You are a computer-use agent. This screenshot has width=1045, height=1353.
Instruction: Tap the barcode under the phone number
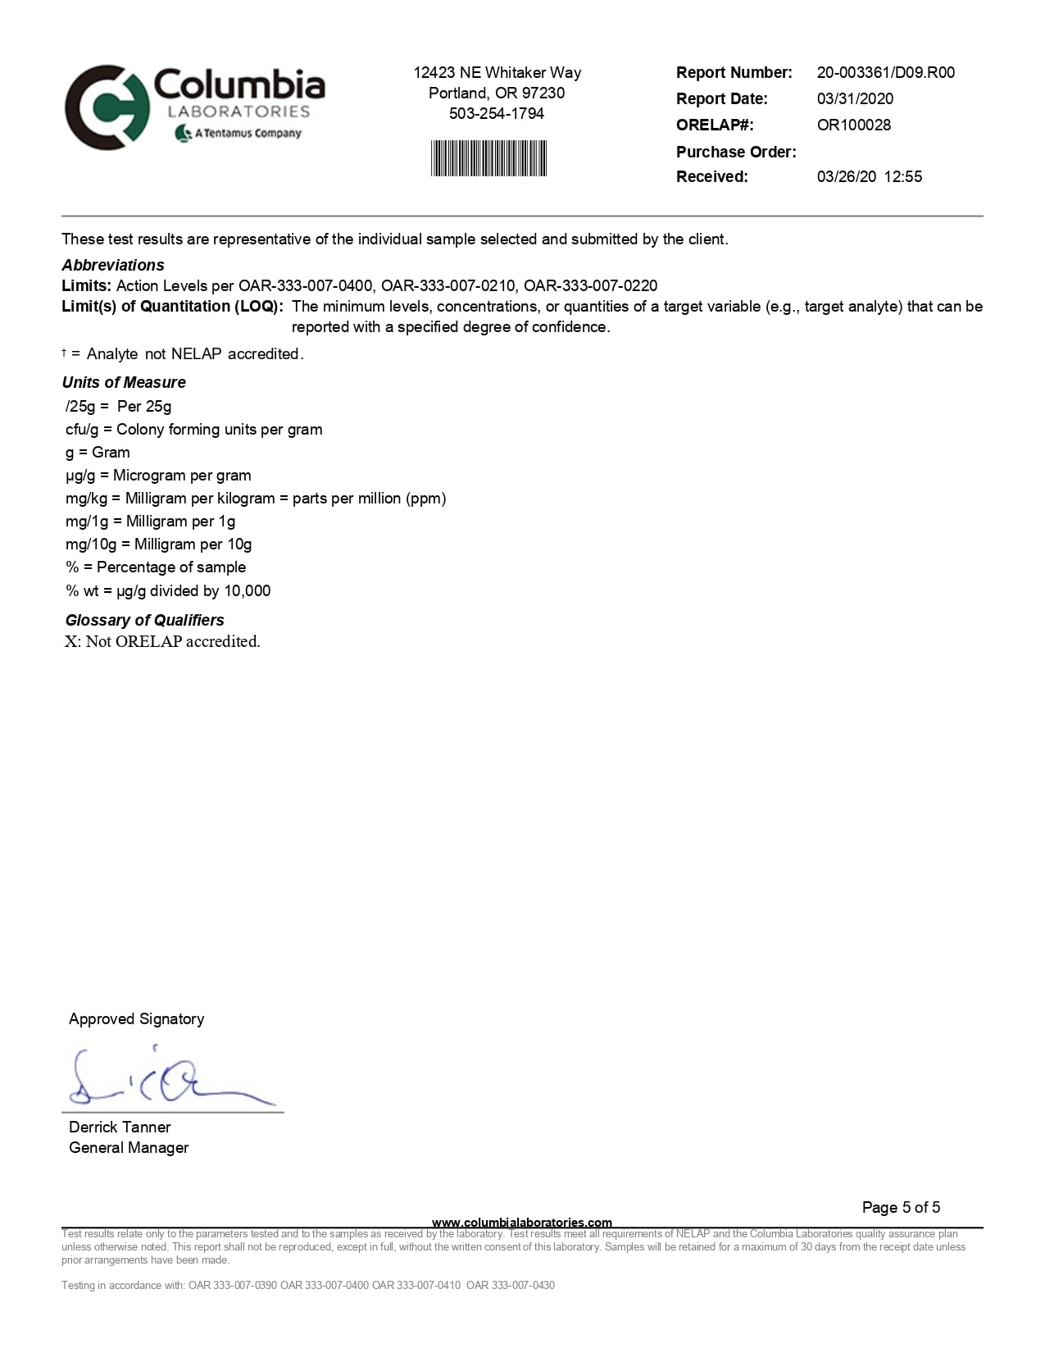coord(488,158)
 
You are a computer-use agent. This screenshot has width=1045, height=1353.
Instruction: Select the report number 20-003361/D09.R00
coord(885,72)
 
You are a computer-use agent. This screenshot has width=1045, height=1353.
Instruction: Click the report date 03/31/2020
coord(855,98)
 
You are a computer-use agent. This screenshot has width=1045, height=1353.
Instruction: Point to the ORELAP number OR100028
coord(853,125)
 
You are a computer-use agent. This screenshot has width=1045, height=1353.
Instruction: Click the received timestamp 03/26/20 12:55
coord(869,176)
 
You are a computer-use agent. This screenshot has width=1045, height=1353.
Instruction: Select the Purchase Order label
coord(735,152)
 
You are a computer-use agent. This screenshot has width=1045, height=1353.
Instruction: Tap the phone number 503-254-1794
coord(497,113)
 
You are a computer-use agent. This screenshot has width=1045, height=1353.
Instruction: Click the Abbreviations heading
coord(113,265)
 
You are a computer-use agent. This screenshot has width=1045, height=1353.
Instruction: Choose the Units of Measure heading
coord(124,382)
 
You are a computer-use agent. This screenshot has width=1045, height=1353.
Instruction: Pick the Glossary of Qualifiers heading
coord(144,620)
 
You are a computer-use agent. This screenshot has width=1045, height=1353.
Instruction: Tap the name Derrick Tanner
coord(120,1127)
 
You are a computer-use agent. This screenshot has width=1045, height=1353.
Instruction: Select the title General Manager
coord(129,1147)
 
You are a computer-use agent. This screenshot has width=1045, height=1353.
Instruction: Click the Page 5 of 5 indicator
coord(901,1207)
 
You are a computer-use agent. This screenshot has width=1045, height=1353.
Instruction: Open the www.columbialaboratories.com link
coord(521,1222)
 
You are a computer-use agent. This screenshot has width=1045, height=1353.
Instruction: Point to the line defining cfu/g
coord(193,429)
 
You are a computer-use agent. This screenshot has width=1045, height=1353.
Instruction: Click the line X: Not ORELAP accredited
coord(162,641)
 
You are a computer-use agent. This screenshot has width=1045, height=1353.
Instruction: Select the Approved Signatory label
coord(136,1018)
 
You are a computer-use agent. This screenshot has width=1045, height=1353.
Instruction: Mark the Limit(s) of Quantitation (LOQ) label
coord(172,306)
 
